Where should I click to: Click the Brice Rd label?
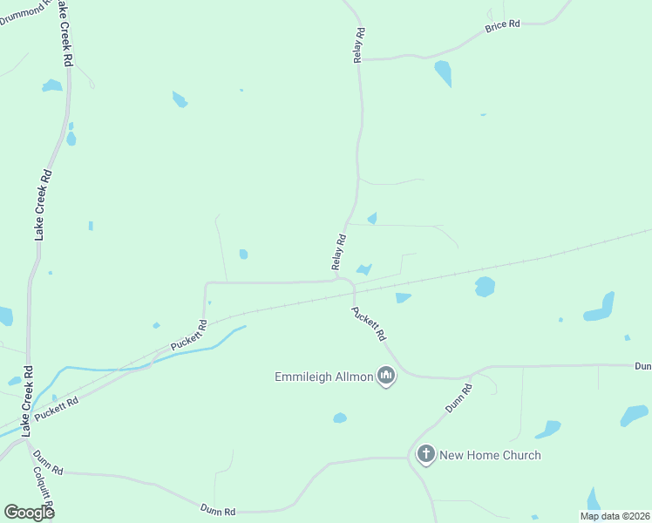(x=502, y=25)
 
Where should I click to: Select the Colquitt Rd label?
(x=44, y=493)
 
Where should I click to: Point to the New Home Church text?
(x=490, y=455)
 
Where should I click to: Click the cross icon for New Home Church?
(x=425, y=454)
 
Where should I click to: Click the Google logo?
(x=29, y=512)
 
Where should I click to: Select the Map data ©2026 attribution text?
(x=615, y=516)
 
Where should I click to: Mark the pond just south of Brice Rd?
(x=444, y=72)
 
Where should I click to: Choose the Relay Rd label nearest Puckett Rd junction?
(x=339, y=252)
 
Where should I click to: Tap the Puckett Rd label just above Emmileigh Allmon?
(x=369, y=323)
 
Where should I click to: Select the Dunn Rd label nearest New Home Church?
(x=458, y=397)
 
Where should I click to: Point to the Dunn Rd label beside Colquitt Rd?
(x=48, y=463)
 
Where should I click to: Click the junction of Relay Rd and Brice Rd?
(x=361, y=59)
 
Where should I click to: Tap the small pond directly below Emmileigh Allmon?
(x=340, y=418)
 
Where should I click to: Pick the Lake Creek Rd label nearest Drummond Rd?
(x=65, y=35)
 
